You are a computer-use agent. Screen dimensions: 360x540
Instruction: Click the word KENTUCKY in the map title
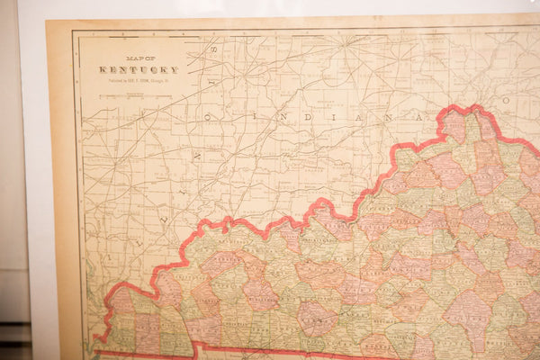[139, 69]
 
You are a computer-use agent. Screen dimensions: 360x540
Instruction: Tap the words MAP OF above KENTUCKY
[139, 58]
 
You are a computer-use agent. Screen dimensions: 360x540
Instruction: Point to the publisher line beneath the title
[139, 81]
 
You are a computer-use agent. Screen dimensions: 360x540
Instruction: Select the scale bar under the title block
[137, 94]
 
